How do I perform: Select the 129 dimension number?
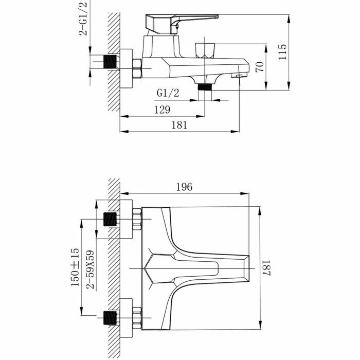tap(161, 109)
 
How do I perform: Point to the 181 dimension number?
tap(179, 124)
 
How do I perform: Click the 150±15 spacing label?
tap(75, 266)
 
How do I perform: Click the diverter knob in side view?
tap(206, 49)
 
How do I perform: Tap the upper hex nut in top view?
tap(137, 219)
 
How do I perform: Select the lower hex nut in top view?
tap(137, 315)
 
